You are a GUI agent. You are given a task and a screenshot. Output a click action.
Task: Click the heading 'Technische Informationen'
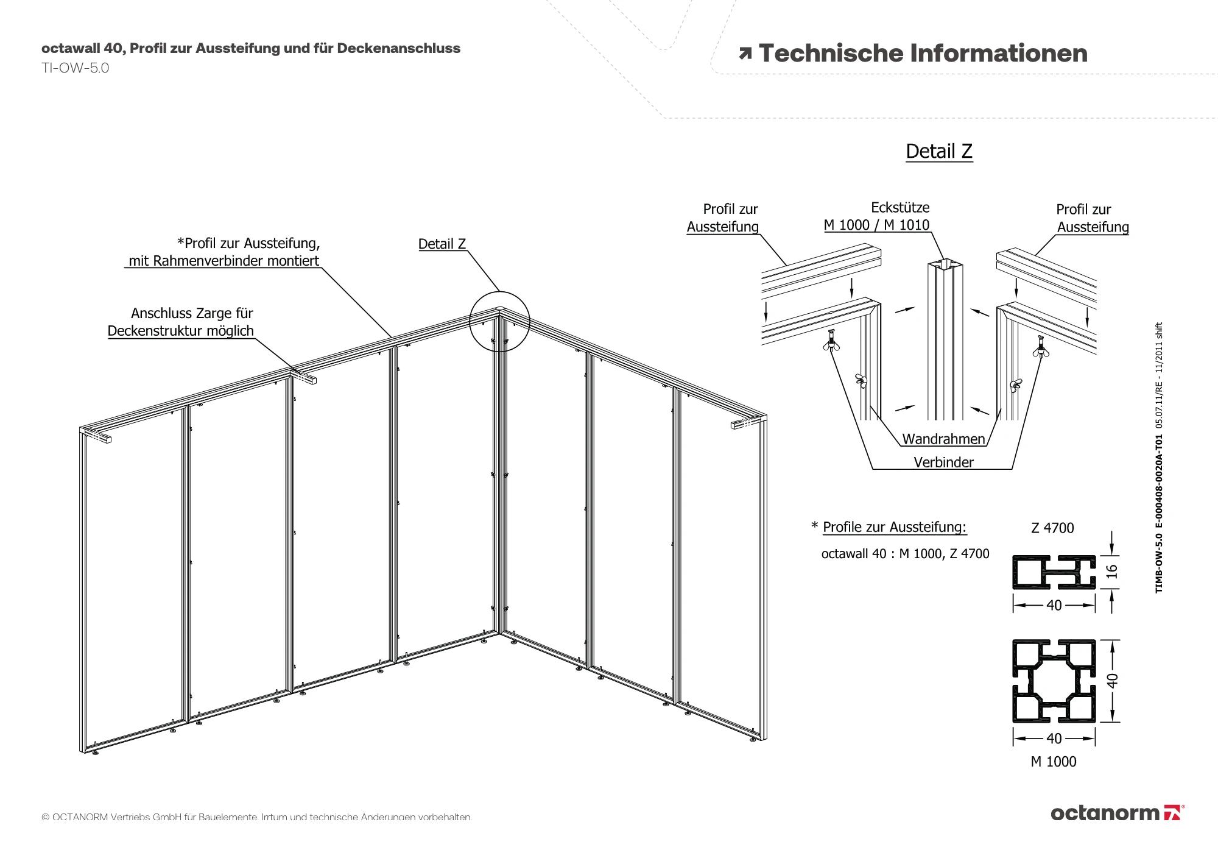(x=923, y=54)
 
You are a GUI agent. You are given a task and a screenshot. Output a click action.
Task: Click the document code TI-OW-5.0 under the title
(x=76, y=68)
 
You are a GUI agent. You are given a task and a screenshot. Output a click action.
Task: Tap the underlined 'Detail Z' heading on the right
(x=939, y=151)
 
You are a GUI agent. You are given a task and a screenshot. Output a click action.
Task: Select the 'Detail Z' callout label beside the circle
(x=442, y=244)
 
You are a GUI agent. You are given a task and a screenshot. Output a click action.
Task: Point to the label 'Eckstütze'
(x=900, y=207)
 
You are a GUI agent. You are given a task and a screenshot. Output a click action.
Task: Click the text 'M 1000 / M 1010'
(x=876, y=225)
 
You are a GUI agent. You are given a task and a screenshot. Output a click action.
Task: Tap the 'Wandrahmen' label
(x=943, y=439)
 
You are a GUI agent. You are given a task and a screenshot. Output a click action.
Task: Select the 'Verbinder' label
(x=943, y=462)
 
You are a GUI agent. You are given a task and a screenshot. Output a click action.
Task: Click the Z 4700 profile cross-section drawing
(x=1054, y=572)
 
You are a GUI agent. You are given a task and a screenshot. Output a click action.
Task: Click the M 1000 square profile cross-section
(x=1054, y=681)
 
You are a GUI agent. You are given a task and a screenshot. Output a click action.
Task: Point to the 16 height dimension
(x=1112, y=572)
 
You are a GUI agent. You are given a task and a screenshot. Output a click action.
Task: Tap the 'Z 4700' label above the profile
(x=1052, y=528)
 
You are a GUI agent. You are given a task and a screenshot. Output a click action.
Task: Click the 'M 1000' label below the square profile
(x=1054, y=761)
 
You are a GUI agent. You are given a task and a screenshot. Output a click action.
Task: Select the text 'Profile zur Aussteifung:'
(x=895, y=527)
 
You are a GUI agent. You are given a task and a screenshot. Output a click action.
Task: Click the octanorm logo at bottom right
(x=1118, y=813)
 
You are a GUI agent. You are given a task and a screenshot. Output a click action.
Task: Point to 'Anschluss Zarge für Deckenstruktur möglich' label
(x=181, y=322)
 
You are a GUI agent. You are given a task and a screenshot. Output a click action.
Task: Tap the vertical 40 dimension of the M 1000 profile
(x=1112, y=681)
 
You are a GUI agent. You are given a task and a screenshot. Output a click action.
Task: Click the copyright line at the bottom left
(x=256, y=817)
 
